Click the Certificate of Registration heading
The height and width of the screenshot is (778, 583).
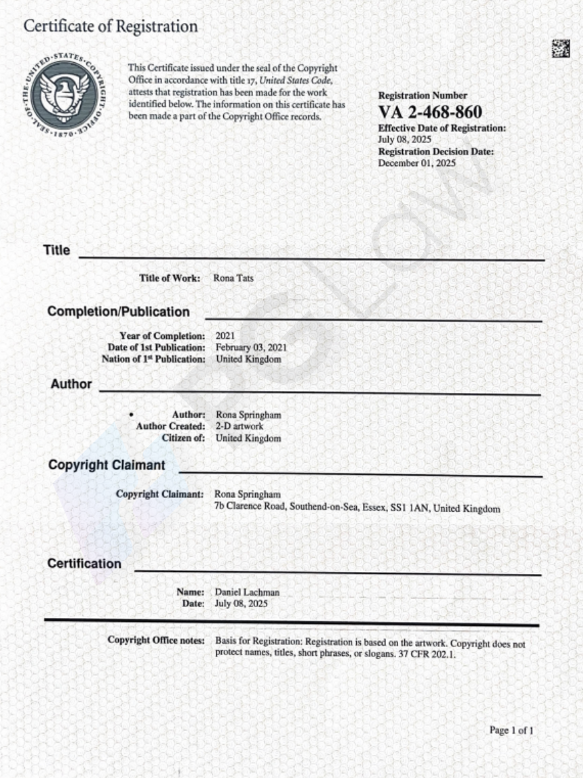pos(111,27)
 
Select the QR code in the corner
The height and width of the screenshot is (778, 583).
pos(560,48)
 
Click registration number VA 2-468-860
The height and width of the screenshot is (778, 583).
pos(430,112)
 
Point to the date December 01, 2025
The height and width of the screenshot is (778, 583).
pos(417,163)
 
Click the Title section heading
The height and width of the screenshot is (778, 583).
pos(57,251)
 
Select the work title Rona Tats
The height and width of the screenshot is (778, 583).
pos(233,278)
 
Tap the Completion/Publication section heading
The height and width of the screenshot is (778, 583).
pos(119,312)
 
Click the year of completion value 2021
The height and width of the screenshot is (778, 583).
pos(225,336)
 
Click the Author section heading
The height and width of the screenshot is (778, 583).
pos(71,384)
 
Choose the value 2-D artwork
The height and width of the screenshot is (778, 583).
pos(240,426)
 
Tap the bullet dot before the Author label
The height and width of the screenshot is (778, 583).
pos(131,414)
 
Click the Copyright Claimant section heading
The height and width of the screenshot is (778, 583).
pos(107,465)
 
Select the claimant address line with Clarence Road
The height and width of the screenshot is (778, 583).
pos(357,508)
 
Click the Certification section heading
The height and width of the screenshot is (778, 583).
pos(84,564)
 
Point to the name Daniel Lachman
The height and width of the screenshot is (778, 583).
pos(247,592)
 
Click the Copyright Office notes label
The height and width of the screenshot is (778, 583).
pos(156,640)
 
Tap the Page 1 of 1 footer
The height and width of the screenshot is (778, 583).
pos(511,730)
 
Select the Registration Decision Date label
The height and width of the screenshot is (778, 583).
pos(436,152)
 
